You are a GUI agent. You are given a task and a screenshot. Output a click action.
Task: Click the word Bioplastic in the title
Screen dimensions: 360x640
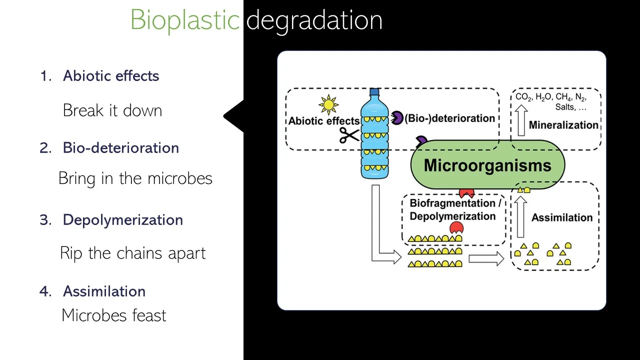click(184, 20)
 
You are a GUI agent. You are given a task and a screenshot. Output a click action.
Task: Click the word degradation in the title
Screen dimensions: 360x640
click(314, 20)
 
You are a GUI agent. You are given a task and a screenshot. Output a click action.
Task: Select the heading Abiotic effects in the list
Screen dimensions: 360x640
click(110, 76)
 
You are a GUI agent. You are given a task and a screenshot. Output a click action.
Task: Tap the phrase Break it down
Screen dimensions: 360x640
click(112, 110)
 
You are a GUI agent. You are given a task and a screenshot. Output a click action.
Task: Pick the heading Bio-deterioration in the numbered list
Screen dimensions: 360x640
click(120, 148)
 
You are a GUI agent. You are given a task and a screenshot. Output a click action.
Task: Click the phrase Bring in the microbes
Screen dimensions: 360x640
click(135, 178)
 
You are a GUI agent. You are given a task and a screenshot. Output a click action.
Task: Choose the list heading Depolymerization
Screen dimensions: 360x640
click(122, 220)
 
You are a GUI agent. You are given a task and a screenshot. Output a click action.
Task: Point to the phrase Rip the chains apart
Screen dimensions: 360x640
click(132, 253)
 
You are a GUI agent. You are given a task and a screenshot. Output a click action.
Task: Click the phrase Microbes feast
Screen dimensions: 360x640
click(113, 315)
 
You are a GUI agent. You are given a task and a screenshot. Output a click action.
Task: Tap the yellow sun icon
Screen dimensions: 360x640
click(328, 105)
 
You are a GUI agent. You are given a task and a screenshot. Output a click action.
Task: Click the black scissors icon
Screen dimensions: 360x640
click(349, 135)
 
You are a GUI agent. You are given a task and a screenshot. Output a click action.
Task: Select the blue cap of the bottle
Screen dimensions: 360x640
click(374, 92)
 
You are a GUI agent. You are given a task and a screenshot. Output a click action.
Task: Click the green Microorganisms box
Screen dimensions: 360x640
click(487, 165)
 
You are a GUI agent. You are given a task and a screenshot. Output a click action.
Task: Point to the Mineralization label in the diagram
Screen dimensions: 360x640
click(563, 125)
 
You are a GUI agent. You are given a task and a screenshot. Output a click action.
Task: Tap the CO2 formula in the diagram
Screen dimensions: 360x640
click(523, 97)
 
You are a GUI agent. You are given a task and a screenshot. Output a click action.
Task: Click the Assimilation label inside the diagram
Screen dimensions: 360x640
click(561, 217)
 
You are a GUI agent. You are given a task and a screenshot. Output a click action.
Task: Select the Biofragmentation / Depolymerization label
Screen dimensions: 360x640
click(453, 209)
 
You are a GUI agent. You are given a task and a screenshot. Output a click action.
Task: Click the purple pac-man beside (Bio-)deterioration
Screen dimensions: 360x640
click(396, 118)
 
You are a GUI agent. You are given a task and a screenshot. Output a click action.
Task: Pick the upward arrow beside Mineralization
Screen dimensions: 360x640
click(521, 119)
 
